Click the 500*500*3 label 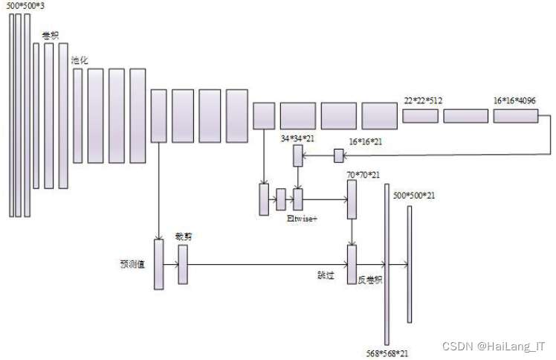(x=25, y=7)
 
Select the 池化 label (x=79, y=60)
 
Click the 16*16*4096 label (x=514, y=100)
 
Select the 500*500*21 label (x=414, y=196)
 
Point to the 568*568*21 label (x=388, y=353)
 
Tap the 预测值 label (x=135, y=263)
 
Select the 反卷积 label (x=369, y=280)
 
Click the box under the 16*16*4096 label (x=514, y=115)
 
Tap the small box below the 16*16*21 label (x=339, y=155)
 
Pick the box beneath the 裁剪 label (x=183, y=264)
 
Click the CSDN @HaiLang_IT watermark (x=494, y=346)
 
